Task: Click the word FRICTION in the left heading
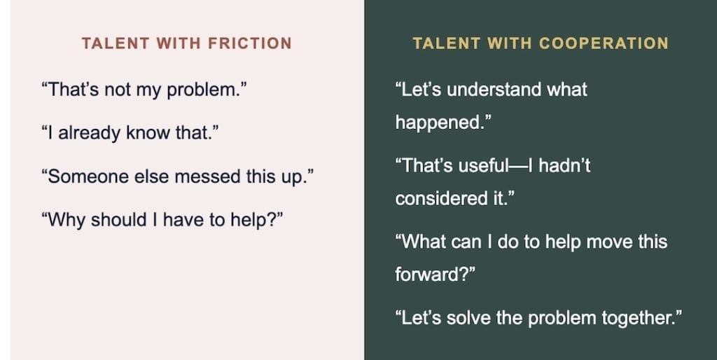pos(250,43)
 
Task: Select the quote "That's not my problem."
pos(144,90)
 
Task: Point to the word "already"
pos(84,134)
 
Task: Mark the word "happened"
pos(439,123)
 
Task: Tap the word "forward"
pos(431,275)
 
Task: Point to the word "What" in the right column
pos(422,242)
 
